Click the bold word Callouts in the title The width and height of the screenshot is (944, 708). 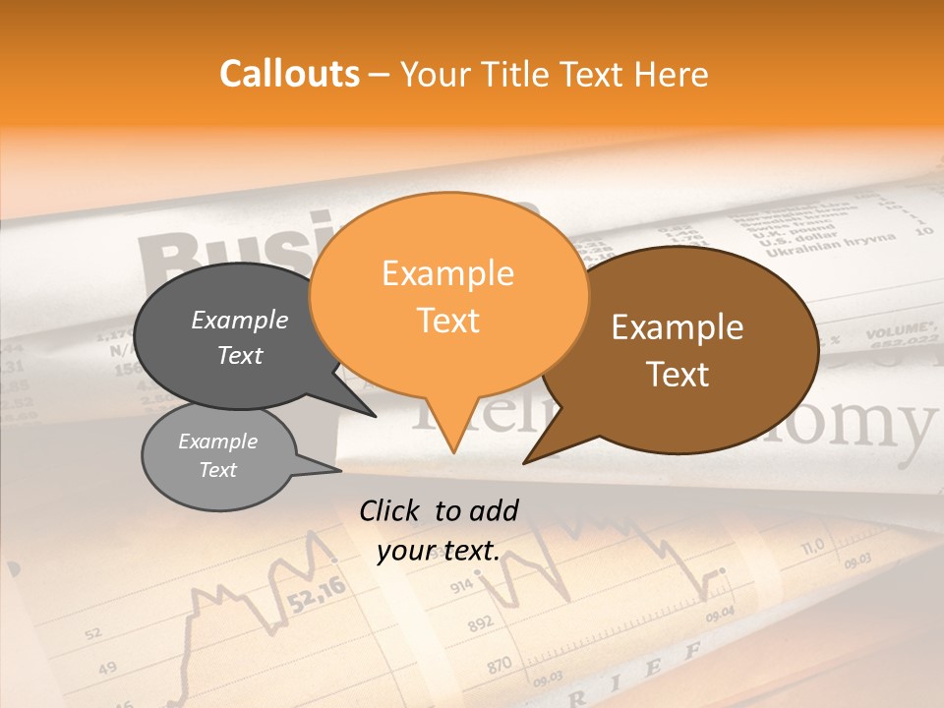[289, 74]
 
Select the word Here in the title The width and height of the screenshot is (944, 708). [672, 74]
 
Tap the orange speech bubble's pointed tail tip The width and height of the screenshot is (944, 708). [453, 452]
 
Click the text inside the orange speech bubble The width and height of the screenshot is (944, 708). [447, 296]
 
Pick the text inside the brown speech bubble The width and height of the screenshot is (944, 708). [678, 350]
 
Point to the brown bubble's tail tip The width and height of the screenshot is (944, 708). [524, 462]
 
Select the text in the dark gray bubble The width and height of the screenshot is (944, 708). [240, 337]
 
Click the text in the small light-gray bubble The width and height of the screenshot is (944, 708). [217, 455]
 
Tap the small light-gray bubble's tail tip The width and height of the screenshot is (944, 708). [340, 471]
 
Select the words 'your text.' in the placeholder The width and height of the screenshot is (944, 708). [439, 552]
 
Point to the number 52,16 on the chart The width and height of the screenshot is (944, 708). [317, 593]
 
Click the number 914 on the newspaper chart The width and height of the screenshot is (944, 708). [461, 587]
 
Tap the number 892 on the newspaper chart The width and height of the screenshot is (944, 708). [480, 624]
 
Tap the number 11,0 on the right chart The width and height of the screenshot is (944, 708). [812, 547]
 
